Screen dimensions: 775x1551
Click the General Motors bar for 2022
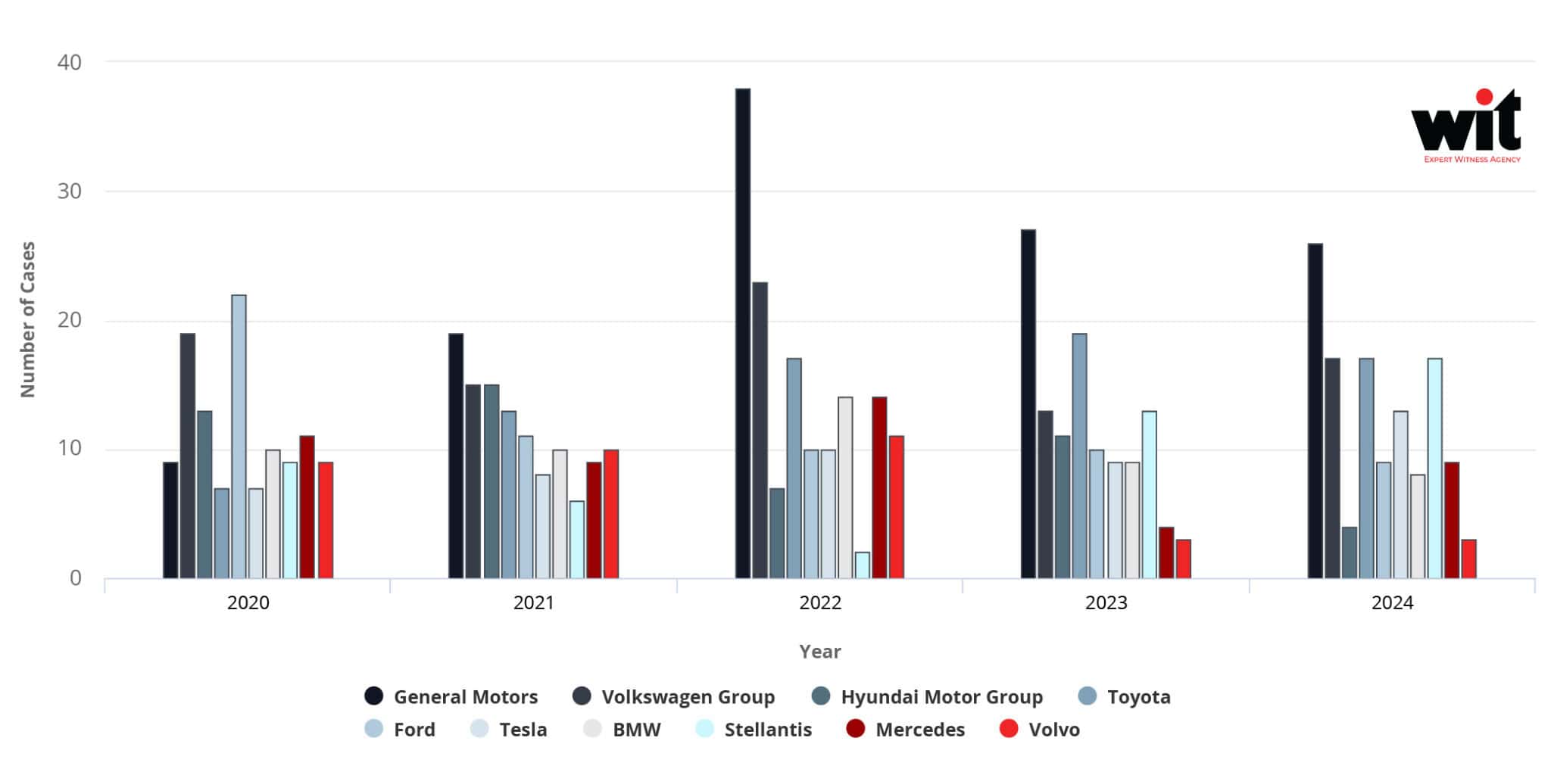click(742, 333)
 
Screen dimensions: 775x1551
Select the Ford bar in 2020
click(239, 437)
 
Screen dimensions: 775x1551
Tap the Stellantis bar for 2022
click(862, 565)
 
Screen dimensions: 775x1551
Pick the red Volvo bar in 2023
click(1183, 559)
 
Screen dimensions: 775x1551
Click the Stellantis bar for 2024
click(1434, 468)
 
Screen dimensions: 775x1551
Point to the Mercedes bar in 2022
click(879, 488)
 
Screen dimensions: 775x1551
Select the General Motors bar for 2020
click(170, 520)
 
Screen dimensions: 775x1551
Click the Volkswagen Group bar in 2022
click(760, 430)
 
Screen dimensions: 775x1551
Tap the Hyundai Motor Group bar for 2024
click(1349, 552)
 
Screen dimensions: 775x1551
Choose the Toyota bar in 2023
click(1079, 456)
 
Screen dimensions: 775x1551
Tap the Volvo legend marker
click(1009, 729)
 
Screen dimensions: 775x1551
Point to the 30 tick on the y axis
click(70, 191)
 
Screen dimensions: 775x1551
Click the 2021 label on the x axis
click(534, 603)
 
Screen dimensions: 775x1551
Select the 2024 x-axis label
click(1392, 603)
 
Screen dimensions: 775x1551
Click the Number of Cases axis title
click(28, 319)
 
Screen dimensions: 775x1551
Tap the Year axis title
click(819, 652)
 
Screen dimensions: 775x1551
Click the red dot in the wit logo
click(1484, 97)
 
